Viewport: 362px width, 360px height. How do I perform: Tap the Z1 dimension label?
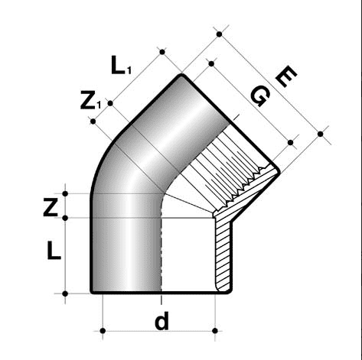(90, 101)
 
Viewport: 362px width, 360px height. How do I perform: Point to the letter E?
(285, 76)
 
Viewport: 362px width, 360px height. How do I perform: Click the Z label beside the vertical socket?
(51, 207)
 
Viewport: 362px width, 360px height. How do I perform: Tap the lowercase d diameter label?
(161, 322)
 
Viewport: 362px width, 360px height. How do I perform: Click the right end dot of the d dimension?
(217, 331)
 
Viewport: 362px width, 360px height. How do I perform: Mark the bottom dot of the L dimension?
(67, 293)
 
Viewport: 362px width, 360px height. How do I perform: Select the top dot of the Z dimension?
(67, 193)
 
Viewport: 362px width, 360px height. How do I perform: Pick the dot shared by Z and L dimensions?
(67, 219)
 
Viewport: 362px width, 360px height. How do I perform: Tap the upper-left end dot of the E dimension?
(219, 34)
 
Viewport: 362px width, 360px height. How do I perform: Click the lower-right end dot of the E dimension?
(320, 135)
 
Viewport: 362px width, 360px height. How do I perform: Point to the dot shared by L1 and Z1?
(110, 102)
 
